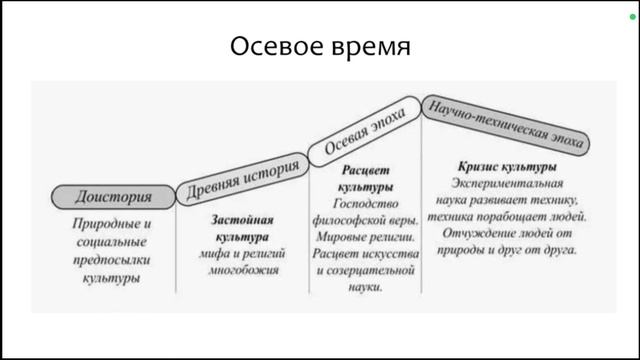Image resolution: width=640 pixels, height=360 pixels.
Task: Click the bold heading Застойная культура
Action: (242, 228)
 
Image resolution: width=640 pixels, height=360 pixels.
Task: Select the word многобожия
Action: (242, 269)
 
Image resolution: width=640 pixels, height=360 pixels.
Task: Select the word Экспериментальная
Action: (507, 183)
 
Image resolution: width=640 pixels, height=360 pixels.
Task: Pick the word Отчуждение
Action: (479, 232)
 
